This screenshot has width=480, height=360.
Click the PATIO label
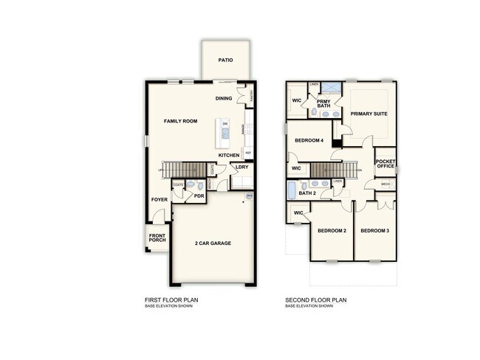click(x=226, y=60)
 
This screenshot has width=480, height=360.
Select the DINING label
click(x=224, y=98)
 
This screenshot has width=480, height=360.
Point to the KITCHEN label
click(x=229, y=156)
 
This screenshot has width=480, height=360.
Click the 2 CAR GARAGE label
click(x=213, y=243)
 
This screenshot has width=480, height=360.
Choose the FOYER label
click(x=160, y=200)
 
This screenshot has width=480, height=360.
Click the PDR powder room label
click(x=199, y=197)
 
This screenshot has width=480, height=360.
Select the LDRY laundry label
click(x=241, y=167)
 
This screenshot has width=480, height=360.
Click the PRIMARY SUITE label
click(x=369, y=114)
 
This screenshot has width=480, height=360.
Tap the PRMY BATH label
click(x=323, y=103)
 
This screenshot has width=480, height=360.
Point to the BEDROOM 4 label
click(x=309, y=140)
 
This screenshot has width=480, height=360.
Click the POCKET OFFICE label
click(x=385, y=164)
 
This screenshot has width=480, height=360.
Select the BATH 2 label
click(x=307, y=193)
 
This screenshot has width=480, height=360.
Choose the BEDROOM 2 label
click(x=332, y=232)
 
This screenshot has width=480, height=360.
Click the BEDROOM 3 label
click(x=374, y=232)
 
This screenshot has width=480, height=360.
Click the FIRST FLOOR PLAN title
click(x=171, y=300)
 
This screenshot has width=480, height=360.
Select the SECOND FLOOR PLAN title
click(x=315, y=300)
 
